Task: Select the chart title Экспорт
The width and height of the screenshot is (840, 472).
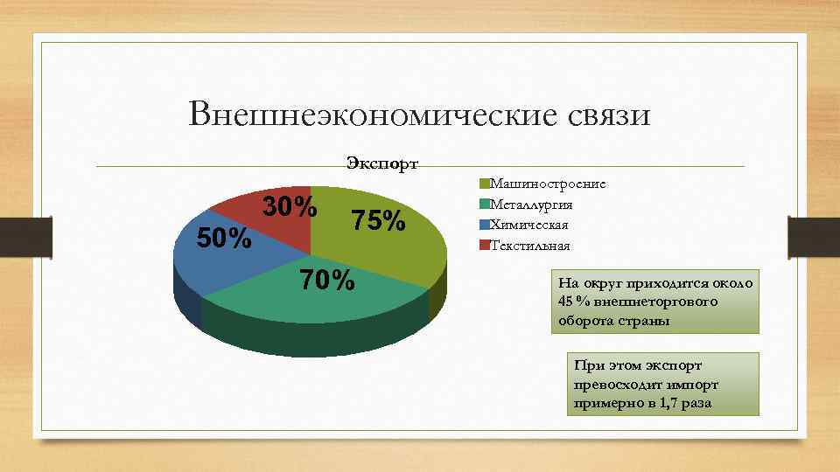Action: click(382, 163)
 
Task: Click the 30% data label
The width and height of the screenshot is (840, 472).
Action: click(290, 207)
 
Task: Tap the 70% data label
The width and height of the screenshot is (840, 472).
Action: click(327, 281)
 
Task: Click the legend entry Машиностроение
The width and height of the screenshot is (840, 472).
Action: click(548, 184)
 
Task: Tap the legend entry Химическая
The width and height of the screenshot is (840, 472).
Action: click(529, 225)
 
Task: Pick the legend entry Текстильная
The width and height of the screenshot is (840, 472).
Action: click(530, 245)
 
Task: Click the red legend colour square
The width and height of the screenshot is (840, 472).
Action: click(484, 245)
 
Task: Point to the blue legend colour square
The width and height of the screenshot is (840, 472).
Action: click(484, 225)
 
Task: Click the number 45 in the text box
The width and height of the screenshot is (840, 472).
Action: click(565, 302)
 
